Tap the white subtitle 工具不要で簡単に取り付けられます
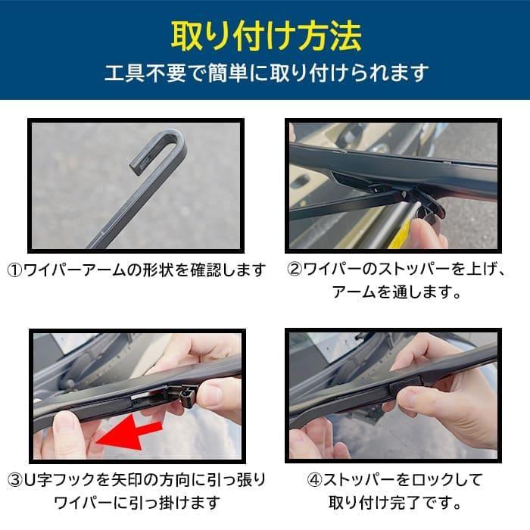265,73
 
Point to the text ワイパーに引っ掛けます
137,502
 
